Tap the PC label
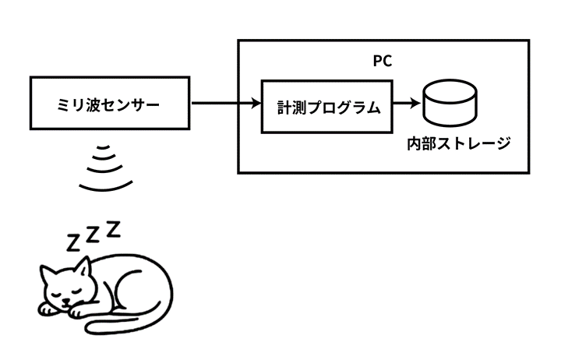click(x=383, y=60)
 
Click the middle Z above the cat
click(x=93, y=234)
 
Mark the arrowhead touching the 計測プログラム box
click(x=255, y=103)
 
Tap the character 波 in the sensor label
click(x=92, y=103)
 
